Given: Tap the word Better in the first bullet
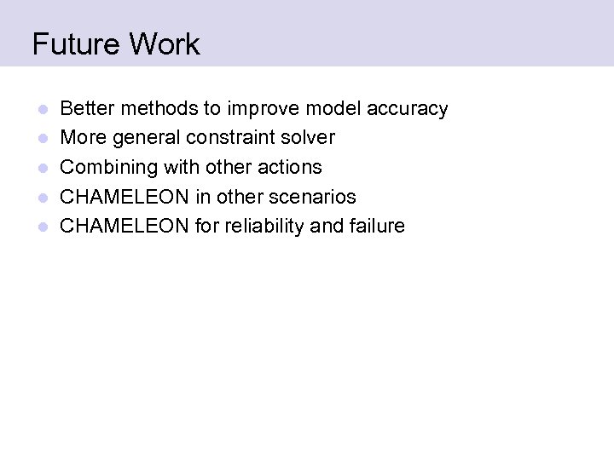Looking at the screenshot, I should tap(88, 108).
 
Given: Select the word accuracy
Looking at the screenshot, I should tap(408, 109).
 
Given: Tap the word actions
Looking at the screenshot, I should tap(289, 167).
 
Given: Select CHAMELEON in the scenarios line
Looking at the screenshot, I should tap(125, 196).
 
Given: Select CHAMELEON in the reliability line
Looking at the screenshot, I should tap(125, 226).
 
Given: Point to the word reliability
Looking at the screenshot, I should tap(267, 226).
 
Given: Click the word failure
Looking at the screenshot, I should tap(377, 226).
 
